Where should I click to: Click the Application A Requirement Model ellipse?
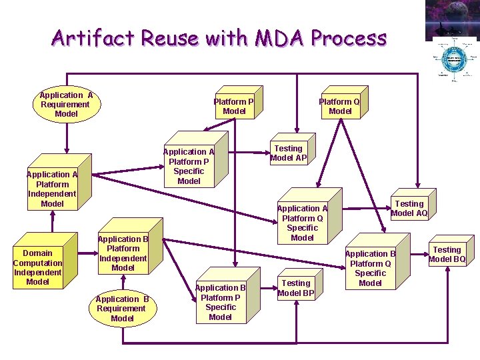[x=66, y=105]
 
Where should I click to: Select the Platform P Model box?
[x=233, y=106]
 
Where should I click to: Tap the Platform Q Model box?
[x=339, y=106]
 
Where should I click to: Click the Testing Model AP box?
[x=288, y=153]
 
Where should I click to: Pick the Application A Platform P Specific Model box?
[x=189, y=166]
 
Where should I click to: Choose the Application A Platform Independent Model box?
[x=52, y=189]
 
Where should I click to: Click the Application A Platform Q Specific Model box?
[x=302, y=223]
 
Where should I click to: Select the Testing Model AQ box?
[x=409, y=209]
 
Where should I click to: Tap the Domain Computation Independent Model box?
[x=37, y=267]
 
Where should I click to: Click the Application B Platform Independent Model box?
[x=123, y=253]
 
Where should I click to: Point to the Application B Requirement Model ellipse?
[x=122, y=309]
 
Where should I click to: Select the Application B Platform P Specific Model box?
[x=220, y=302]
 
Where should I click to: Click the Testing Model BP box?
[x=295, y=288]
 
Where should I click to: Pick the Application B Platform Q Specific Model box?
[x=370, y=268]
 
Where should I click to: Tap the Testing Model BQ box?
[x=447, y=255]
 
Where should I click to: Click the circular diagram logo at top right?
[x=455, y=59]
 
